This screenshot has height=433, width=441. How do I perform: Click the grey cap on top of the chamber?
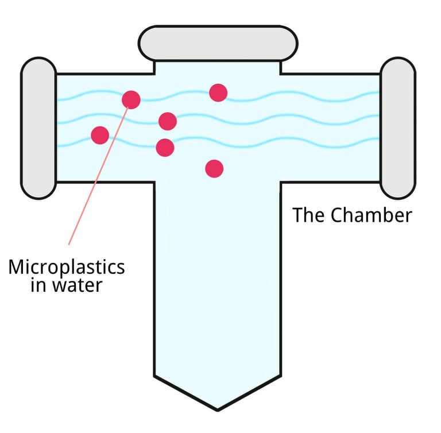click(x=218, y=43)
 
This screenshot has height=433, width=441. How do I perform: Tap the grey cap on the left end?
click(x=38, y=128)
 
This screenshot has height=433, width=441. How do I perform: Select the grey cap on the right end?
click(x=397, y=127)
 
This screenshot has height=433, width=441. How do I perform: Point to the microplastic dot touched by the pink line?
click(x=131, y=99)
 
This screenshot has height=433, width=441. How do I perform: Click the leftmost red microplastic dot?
click(x=100, y=135)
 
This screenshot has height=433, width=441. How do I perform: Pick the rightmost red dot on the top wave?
click(x=218, y=92)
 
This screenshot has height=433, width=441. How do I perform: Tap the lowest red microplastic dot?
click(x=214, y=168)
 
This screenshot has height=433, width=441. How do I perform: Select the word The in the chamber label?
click(x=309, y=215)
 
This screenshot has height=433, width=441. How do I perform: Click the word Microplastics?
click(x=66, y=267)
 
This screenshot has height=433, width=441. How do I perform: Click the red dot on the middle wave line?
click(x=168, y=121)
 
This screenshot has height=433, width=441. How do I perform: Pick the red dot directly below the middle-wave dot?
click(x=165, y=148)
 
